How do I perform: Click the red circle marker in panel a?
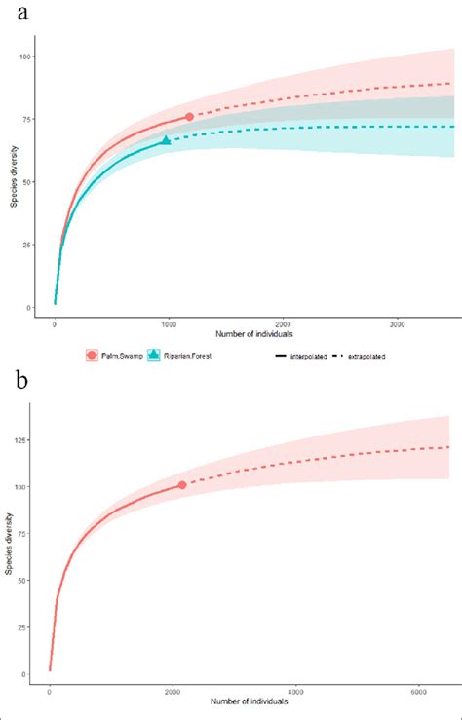[x=189, y=117]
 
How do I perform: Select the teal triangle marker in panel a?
[x=166, y=140]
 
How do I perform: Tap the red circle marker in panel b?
[x=182, y=484]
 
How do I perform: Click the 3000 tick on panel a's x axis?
[x=398, y=322]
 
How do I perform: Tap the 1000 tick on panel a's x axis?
[x=169, y=322]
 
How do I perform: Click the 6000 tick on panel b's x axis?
[x=416, y=689]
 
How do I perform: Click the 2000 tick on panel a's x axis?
[x=283, y=322]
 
